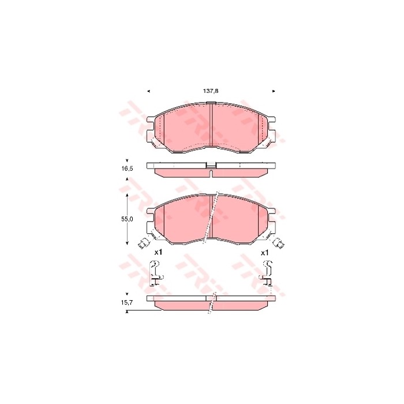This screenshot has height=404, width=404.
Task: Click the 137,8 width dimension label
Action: (210, 91)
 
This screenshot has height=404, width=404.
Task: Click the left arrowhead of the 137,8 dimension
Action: (148, 91)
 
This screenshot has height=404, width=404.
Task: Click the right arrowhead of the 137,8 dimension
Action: (273, 91)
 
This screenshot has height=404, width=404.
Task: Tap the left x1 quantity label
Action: (159, 252)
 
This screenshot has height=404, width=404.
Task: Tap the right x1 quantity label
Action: (265, 252)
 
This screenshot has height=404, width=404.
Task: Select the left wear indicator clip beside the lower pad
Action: (143, 244)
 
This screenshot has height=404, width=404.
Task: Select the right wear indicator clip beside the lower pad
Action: (280, 244)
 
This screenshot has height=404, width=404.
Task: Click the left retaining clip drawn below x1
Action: (154, 272)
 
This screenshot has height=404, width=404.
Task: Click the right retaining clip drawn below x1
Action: (267, 272)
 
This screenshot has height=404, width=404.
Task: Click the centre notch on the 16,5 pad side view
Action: (211, 167)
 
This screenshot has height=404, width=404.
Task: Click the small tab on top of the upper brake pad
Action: (211, 103)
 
